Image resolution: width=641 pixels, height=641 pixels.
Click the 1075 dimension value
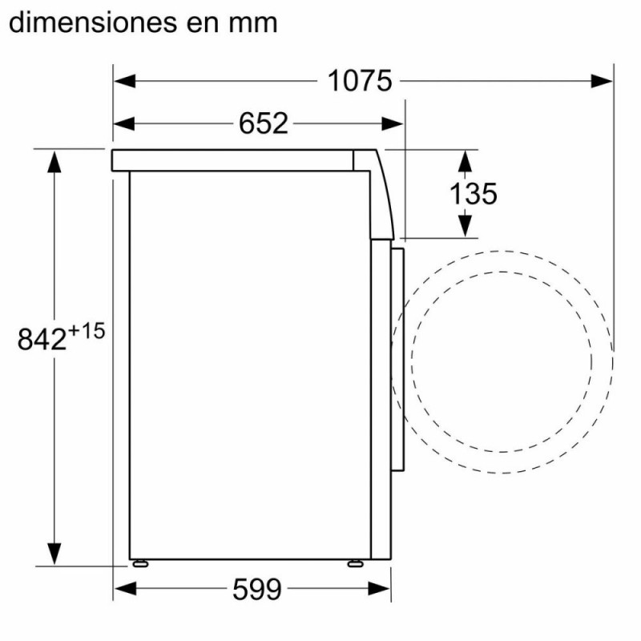click(x=360, y=81)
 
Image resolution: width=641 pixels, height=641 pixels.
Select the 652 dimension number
click(x=264, y=123)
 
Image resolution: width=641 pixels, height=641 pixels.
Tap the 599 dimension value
click(x=257, y=589)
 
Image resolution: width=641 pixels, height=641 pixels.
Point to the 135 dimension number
click(x=474, y=193)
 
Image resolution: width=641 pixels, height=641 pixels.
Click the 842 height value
click(x=42, y=339)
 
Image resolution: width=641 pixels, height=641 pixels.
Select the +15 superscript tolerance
click(x=87, y=331)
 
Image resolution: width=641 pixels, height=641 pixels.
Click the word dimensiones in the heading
click(x=93, y=23)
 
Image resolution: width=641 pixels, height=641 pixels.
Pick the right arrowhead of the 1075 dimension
click(x=602, y=81)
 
